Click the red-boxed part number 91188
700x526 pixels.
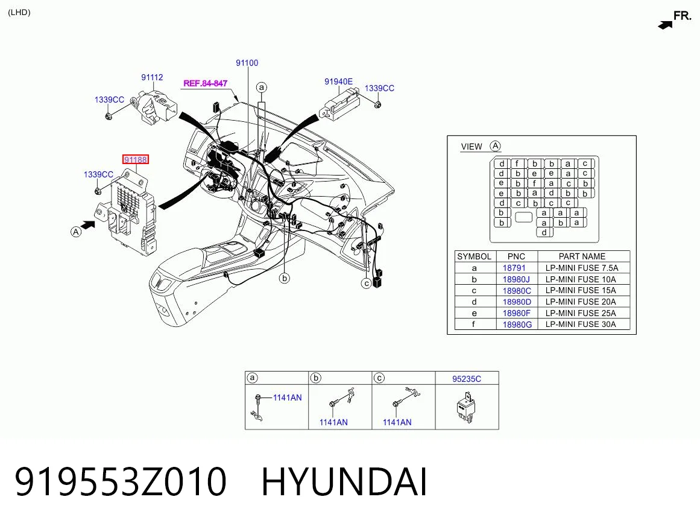(136, 159)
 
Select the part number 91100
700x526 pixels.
(247, 63)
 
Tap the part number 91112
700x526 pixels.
(152, 77)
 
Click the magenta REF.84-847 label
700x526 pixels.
(206, 83)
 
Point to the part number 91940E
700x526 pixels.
(338, 81)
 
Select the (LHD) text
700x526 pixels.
(19, 13)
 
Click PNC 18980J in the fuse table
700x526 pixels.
(516, 279)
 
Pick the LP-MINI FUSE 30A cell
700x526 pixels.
(581, 324)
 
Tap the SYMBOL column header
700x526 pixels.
(474, 256)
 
